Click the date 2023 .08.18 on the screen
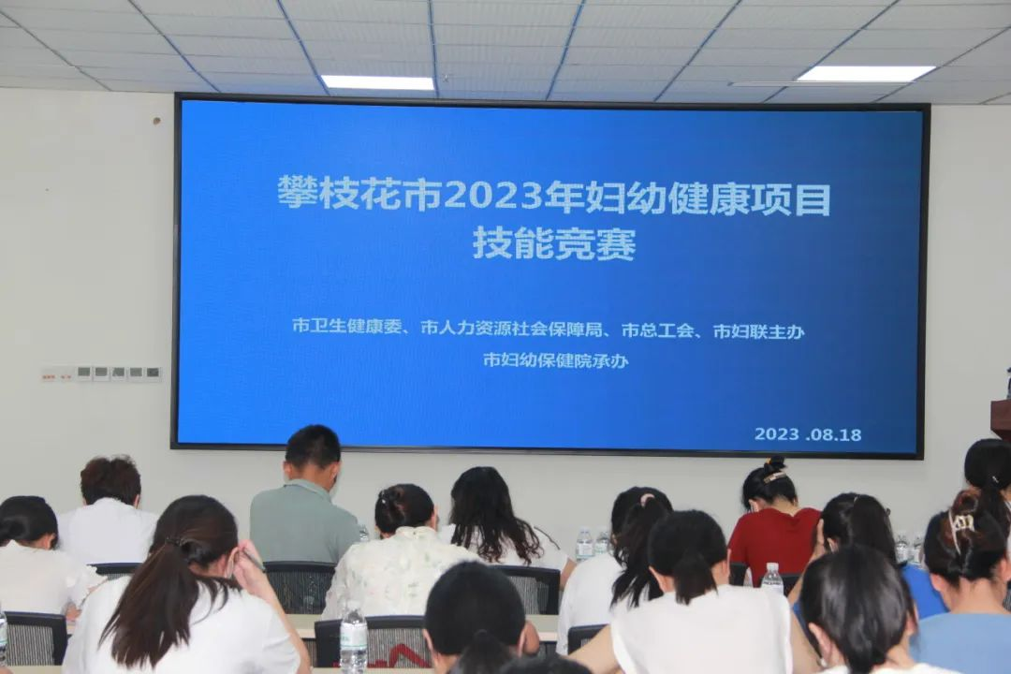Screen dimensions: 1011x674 (x=808, y=434)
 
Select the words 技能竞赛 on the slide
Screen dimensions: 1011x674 (x=554, y=243)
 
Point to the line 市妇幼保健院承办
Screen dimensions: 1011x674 (x=556, y=359)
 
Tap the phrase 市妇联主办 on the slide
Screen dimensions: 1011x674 (x=759, y=331)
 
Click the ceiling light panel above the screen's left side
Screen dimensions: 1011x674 (x=378, y=82)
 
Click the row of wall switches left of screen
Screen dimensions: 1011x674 (x=102, y=373)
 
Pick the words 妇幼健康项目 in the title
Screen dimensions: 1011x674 (x=708, y=198)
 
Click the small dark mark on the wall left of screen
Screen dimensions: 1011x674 (x=155, y=120)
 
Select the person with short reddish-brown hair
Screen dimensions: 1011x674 (x=109, y=509)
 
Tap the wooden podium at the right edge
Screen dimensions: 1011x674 (x=1002, y=420)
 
